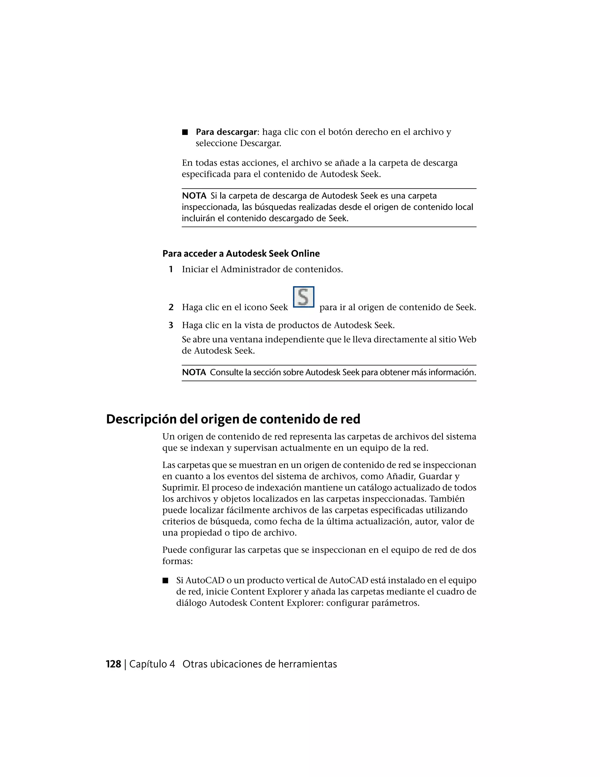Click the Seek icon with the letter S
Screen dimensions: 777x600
(x=303, y=297)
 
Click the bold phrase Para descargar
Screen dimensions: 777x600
(x=226, y=132)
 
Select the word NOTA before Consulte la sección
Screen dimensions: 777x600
(x=194, y=372)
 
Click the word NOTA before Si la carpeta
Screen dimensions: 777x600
(x=194, y=196)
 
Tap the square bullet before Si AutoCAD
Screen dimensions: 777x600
(x=165, y=581)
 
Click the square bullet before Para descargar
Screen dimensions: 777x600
(x=185, y=132)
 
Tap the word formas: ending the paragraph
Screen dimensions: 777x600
(x=177, y=561)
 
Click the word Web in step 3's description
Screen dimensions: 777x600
(x=467, y=340)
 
